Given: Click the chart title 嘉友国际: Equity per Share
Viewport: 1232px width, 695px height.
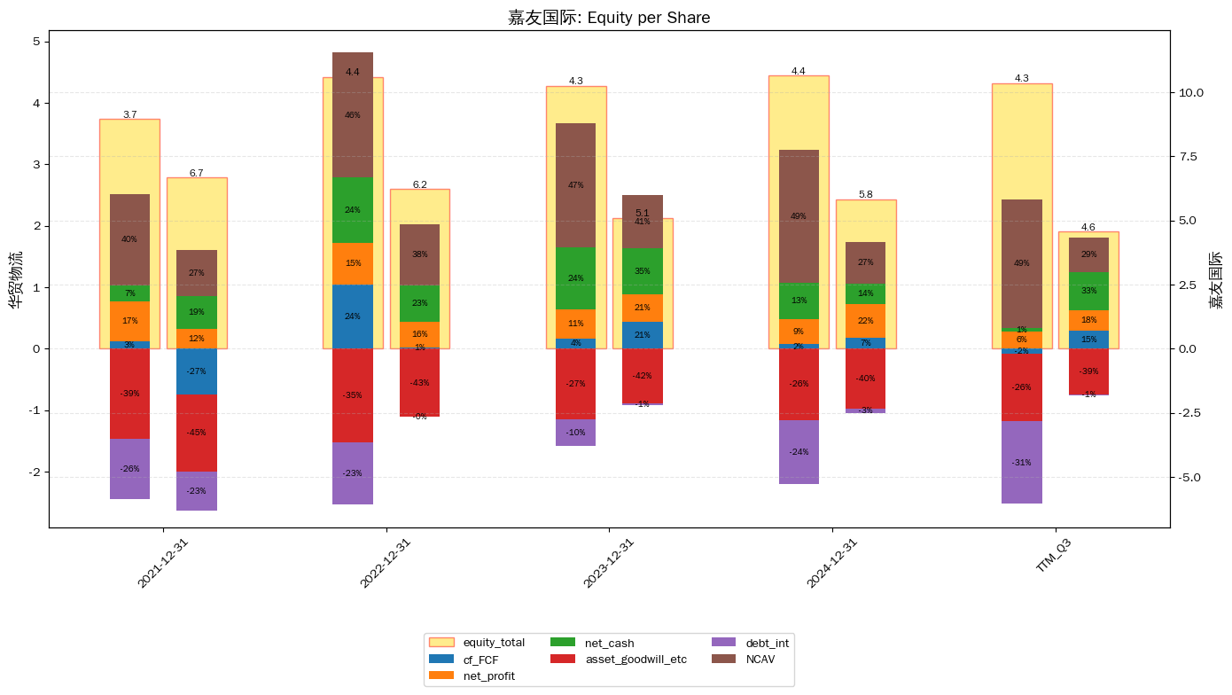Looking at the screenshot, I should pyautogui.click(x=609, y=18).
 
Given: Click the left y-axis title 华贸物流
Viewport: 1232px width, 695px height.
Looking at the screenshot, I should pyautogui.click(x=15, y=279).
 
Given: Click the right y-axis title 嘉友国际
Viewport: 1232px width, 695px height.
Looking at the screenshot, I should pyautogui.click(x=1216, y=279).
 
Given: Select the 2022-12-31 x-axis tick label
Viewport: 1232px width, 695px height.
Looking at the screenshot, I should pyautogui.click(x=386, y=562).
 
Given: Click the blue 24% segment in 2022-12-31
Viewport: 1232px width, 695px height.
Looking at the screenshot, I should pyautogui.click(x=353, y=316).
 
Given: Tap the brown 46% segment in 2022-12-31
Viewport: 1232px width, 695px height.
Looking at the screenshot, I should pyautogui.click(x=353, y=114).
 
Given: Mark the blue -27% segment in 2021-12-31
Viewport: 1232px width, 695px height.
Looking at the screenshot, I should pyautogui.click(x=196, y=371).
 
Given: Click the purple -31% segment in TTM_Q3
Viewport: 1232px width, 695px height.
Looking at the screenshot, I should pyautogui.click(x=1021, y=462).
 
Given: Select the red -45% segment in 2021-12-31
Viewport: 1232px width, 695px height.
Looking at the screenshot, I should pyautogui.click(x=196, y=433).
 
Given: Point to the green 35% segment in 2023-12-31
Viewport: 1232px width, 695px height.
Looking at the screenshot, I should pyautogui.click(x=643, y=271).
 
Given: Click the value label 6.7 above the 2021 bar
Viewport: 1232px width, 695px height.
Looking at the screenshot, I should pyautogui.click(x=196, y=173).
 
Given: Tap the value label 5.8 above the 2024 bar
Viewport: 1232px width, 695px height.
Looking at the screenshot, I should pyautogui.click(x=865, y=194).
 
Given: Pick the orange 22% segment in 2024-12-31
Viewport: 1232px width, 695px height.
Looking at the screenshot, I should pyautogui.click(x=865, y=321).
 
